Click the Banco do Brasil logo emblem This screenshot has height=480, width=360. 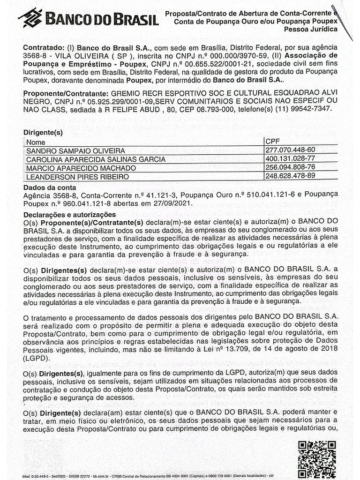[30, 18]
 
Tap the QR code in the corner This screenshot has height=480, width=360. [317, 458]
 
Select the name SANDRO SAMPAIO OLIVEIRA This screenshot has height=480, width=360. [75, 150]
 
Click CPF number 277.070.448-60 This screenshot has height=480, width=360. [290, 150]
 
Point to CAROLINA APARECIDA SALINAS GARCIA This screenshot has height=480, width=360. [96, 159]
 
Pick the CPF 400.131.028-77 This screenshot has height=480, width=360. [290, 159]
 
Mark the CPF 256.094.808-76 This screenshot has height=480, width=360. [290, 167]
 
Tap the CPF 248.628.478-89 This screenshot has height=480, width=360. [290, 176]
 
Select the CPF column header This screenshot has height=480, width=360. [273, 142]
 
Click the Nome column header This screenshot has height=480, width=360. [36, 142]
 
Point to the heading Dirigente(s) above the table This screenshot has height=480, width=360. [43, 133]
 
